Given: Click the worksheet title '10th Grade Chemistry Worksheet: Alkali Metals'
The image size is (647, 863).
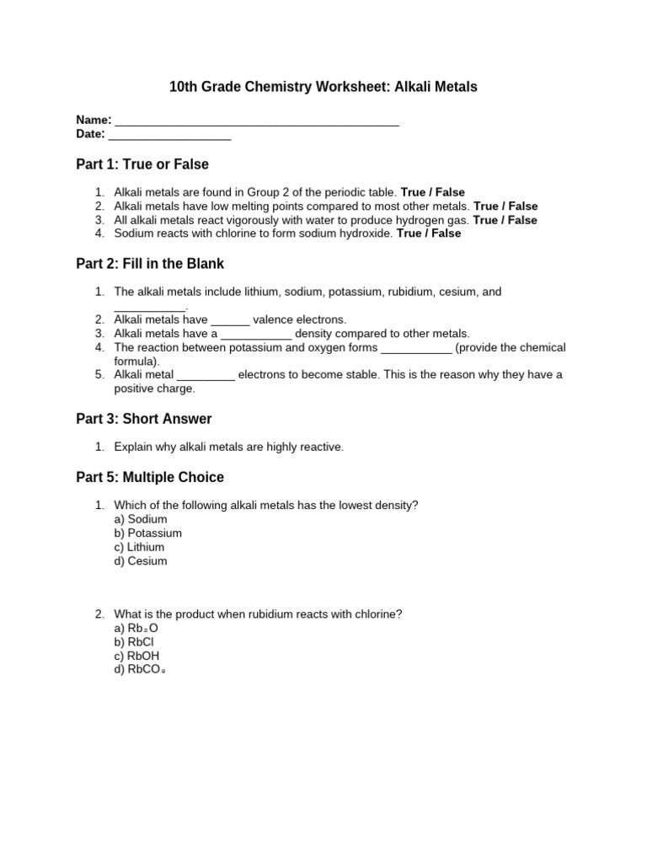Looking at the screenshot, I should pyautogui.click(x=323, y=87).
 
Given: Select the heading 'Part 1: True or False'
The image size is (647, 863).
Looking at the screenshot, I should pyautogui.click(x=142, y=164).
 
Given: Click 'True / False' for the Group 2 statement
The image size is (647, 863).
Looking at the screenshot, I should pyautogui.click(x=432, y=192).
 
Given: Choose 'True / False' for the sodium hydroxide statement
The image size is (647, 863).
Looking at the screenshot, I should pyautogui.click(x=429, y=233).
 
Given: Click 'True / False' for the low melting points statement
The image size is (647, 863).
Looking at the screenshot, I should pyautogui.click(x=505, y=206).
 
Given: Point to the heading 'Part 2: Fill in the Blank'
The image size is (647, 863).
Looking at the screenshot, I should pyautogui.click(x=150, y=264).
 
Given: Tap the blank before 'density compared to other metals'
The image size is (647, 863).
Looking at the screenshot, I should pyautogui.click(x=256, y=335).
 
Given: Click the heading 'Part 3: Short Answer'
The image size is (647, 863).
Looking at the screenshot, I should pyautogui.click(x=144, y=419).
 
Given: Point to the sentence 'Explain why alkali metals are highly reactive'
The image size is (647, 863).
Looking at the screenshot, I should pyautogui.click(x=229, y=447).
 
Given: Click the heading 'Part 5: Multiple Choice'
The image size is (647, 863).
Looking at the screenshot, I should pyautogui.click(x=150, y=477).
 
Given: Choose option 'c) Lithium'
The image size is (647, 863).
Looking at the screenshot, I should pyautogui.click(x=139, y=547).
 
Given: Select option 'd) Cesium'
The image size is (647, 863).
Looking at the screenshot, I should pyautogui.click(x=141, y=560).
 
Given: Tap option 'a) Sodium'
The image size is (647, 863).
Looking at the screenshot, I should pyautogui.click(x=141, y=519).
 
